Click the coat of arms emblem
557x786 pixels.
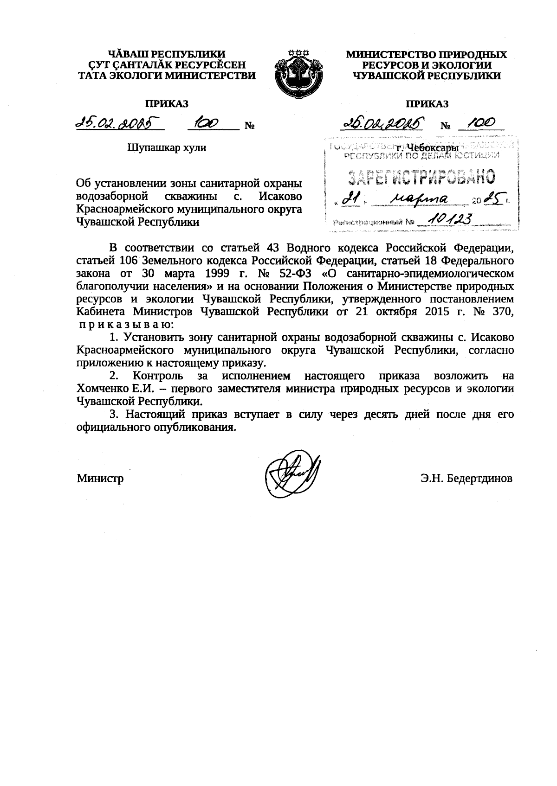tap(297, 75)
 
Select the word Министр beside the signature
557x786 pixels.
tap(100, 478)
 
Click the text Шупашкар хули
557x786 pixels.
tap(166, 148)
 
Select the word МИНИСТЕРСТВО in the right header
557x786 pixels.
tap(392, 55)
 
